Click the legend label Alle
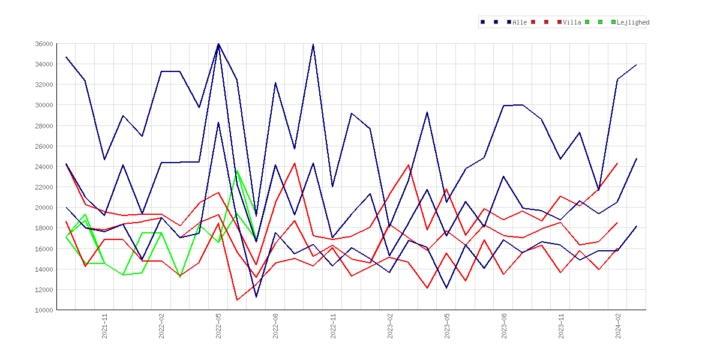[x=520, y=22]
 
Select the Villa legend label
[x=572, y=22]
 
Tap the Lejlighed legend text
[x=633, y=22]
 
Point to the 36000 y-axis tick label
[x=44, y=44]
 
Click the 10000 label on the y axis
[x=44, y=310]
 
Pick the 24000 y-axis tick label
[x=44, y=167]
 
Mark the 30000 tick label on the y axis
[x=44, y=105]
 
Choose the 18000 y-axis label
[x=44, y=228]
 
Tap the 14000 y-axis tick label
[x=44, y=269]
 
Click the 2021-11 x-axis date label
[x=104, y=326]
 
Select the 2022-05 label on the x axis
[x=218, y=326]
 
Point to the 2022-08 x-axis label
[x=276, y=326]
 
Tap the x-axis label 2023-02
[x=390, y=326]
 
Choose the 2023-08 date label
[x=504, y=326]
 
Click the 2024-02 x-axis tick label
[x=618, y=326]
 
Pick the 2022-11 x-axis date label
[x=332, y=326]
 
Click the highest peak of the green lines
[x=237, y=170]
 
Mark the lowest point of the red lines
[x=237, y=300]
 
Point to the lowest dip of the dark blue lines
[x=256, y=297]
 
